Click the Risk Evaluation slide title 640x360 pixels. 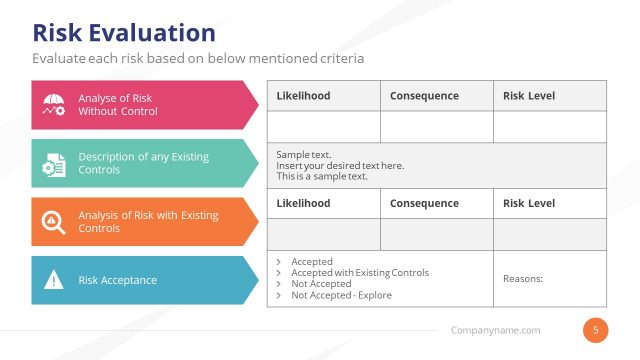(124, 33)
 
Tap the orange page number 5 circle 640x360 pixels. (596, 329)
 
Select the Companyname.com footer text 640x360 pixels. (495, 330)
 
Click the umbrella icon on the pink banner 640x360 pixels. (54, 105)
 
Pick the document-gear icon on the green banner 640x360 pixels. (54, 163)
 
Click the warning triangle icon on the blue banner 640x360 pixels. (54, 280)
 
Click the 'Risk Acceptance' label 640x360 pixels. (117, 280)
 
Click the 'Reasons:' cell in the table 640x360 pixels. (522, 279)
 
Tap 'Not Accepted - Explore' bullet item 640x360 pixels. (341, 295)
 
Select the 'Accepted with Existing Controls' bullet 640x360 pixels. (359, 273)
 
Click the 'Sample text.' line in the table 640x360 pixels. (304, 155)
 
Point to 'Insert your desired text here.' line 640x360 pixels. (340, 166)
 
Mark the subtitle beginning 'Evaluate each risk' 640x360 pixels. (198, 58)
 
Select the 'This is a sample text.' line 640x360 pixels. (322, 177)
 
